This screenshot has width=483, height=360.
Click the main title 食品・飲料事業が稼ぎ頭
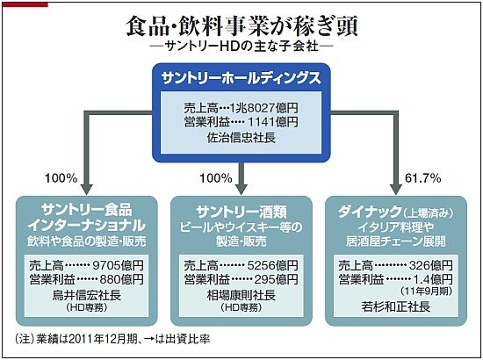(241, 26)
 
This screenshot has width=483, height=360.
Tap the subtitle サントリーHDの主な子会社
(241, 47)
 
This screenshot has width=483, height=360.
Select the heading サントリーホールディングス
(241, 78)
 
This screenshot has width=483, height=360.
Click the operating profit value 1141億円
(273, 122)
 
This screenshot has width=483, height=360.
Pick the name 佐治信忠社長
(241, 137)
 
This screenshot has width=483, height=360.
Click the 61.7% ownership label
(423, 178)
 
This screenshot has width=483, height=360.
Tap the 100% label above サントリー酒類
(216, 178)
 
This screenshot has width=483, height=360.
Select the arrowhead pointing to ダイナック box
(396, 189)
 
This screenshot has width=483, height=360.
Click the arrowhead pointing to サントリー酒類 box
(241, 189)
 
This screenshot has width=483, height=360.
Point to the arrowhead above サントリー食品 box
(87, 189)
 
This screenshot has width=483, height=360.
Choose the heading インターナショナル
(87, 226)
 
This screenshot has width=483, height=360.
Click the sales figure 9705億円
(118, 265)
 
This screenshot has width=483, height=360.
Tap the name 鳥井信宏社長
(87, 295)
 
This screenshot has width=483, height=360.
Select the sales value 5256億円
(273, 265)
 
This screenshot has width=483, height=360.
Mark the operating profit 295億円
(277, 279)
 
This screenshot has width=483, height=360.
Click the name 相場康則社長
(241, 295)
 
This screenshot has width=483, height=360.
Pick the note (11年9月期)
(426, 291)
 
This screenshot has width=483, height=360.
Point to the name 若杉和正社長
(396, 306)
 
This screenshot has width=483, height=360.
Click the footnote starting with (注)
(112, 339)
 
